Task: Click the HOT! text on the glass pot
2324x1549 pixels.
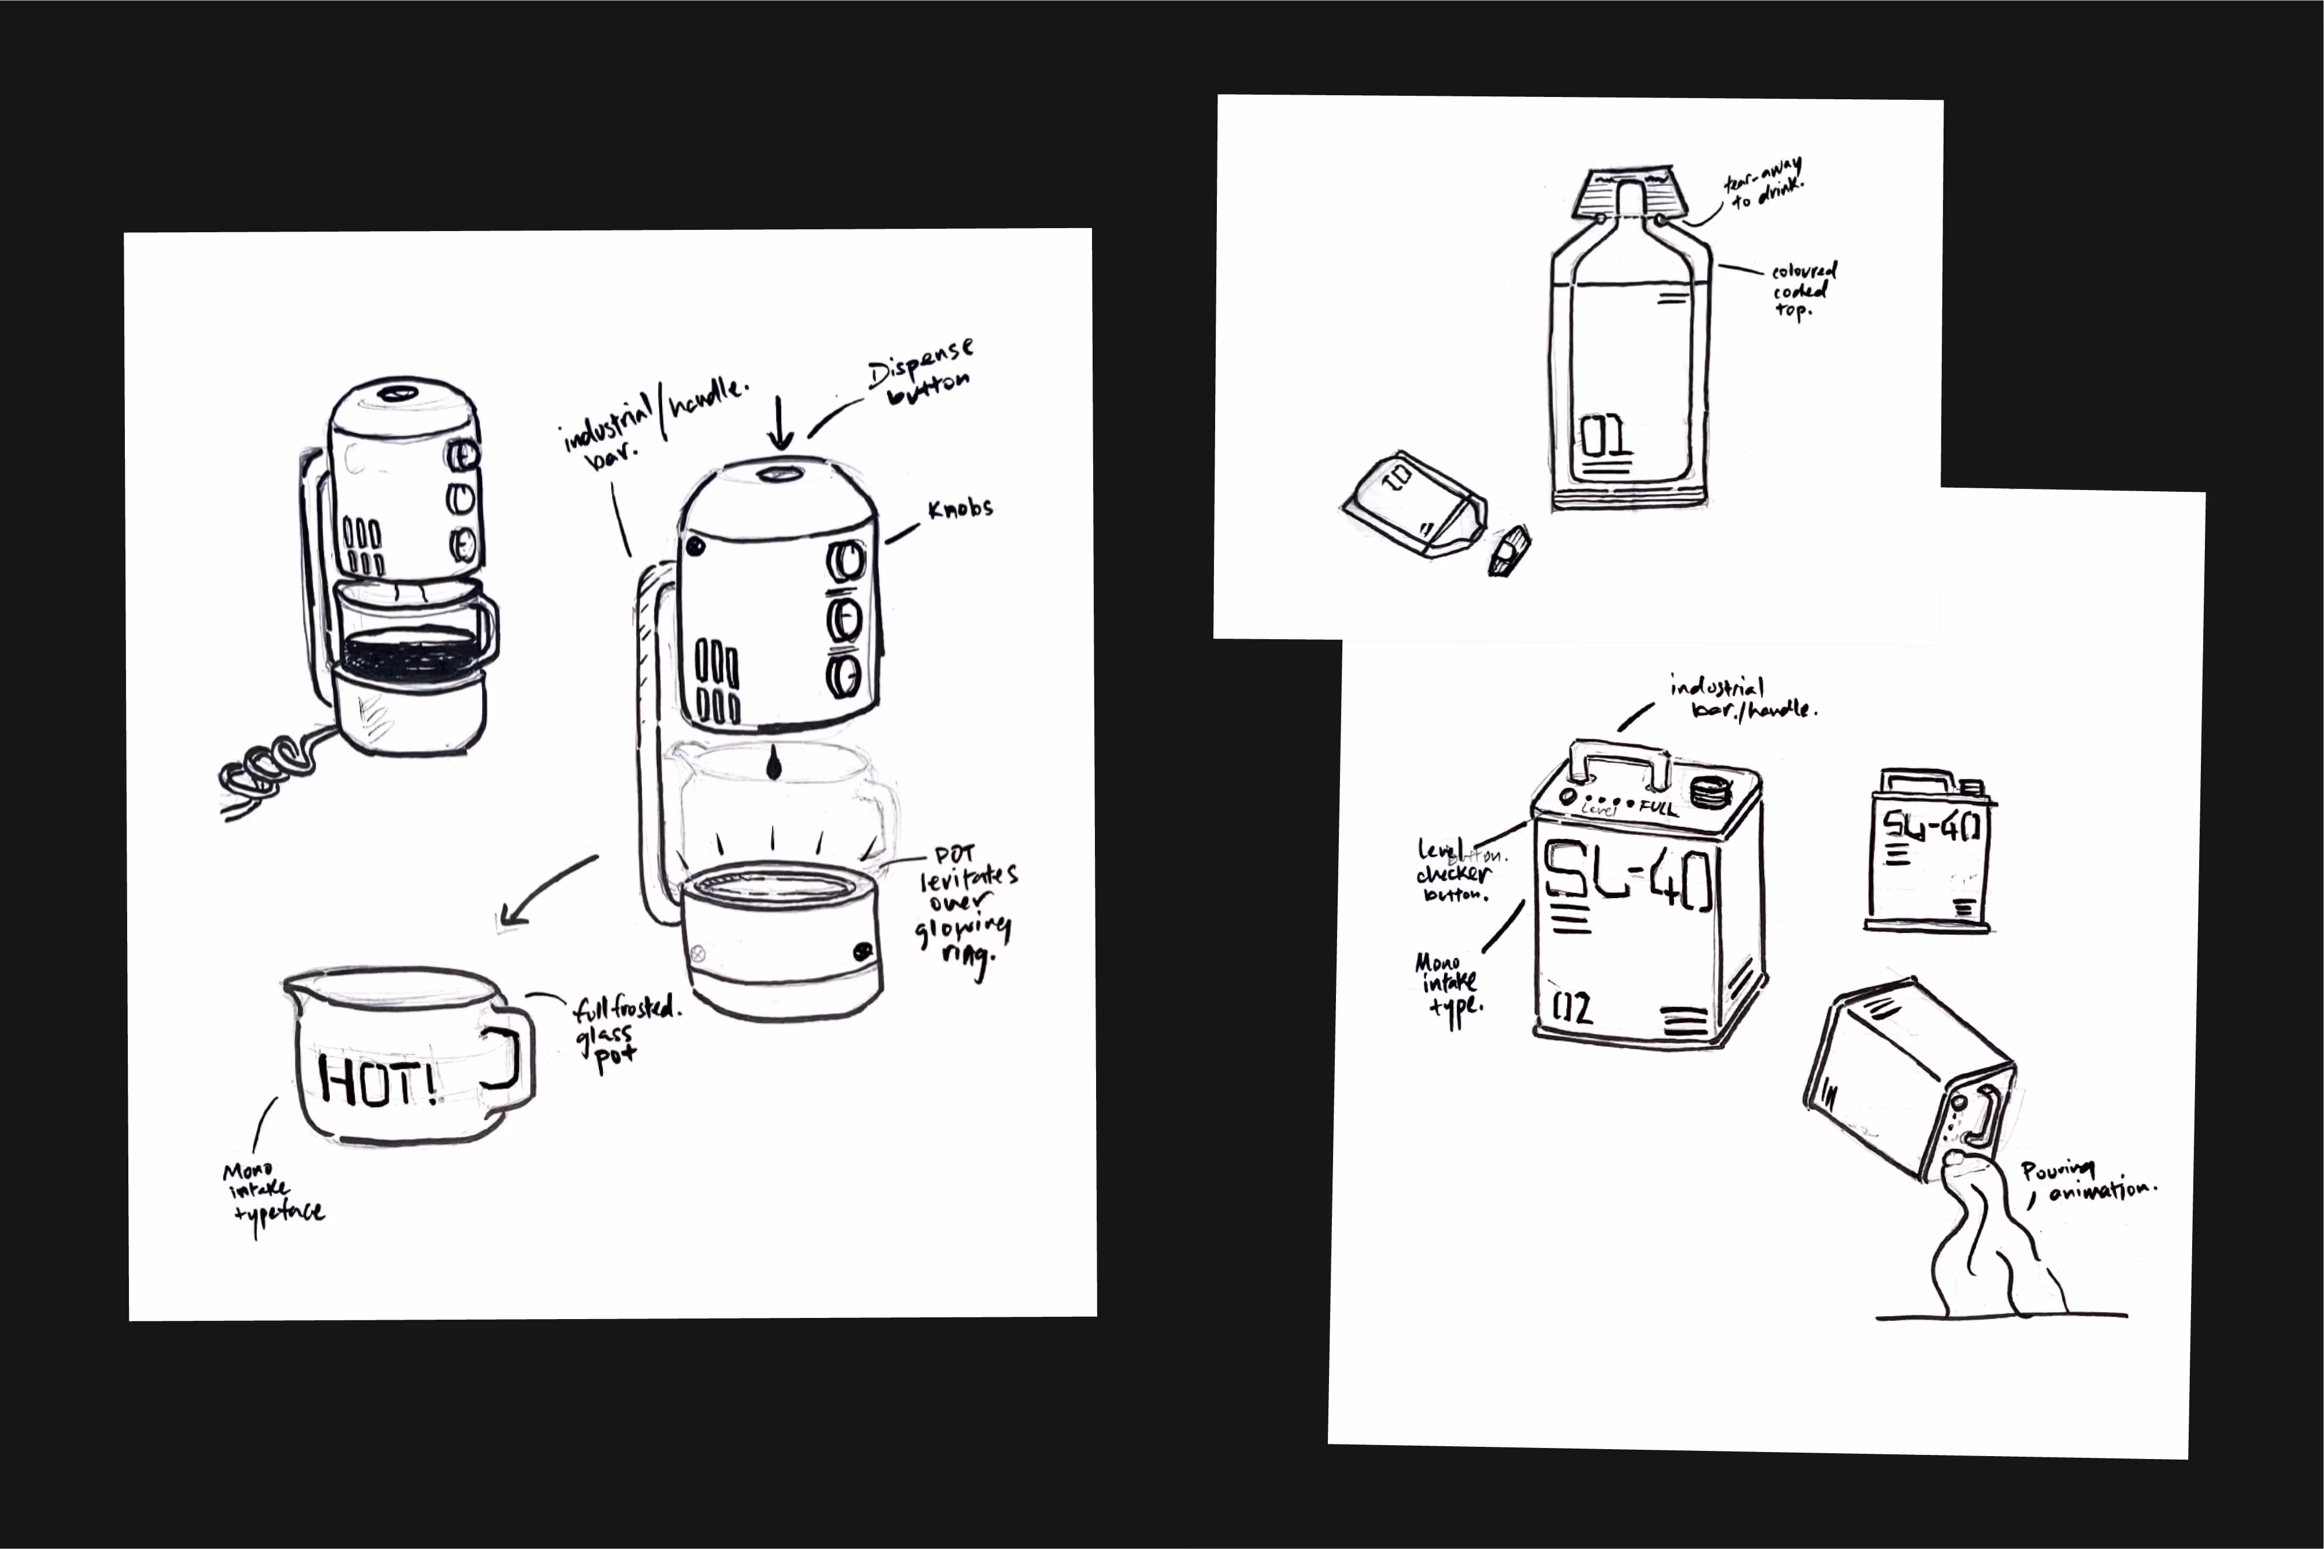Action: tap(378, 1080)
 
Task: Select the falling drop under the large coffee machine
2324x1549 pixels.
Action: tap(774, 763)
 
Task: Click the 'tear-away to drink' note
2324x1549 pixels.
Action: tap(1763, 183)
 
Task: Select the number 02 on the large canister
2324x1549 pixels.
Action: tap(1572, 1008)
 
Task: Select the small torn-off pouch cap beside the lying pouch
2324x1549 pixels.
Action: tap(1509, 551)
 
